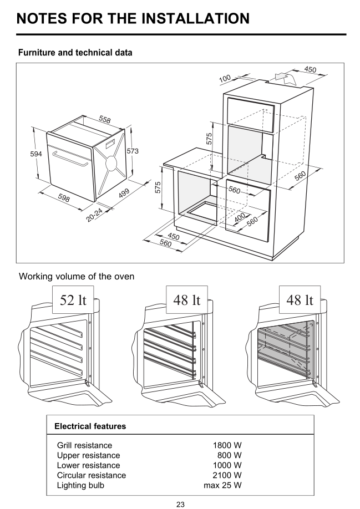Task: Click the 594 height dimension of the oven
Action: click(36, 154)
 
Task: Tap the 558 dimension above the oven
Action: click(104, 120)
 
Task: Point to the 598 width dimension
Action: click(64, 198)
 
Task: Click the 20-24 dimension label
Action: click(96, 214)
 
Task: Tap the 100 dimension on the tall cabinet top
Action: click(225, 79)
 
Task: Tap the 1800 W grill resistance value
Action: click(227, 445)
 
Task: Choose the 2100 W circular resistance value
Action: click(227, 475)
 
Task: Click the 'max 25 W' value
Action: click(222, 485)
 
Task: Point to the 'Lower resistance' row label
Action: click(88, 465)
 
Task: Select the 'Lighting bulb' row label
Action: click(80, 485)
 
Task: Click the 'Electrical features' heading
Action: click(90, 426)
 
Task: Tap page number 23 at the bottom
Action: click(180, 504)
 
